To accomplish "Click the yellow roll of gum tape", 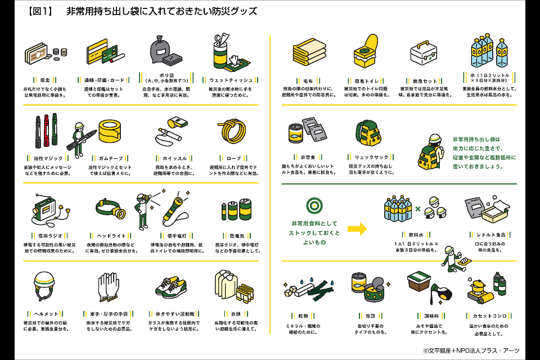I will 114,130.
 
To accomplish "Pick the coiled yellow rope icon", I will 232,131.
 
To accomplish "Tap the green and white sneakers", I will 172,287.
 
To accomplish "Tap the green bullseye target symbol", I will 314,205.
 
